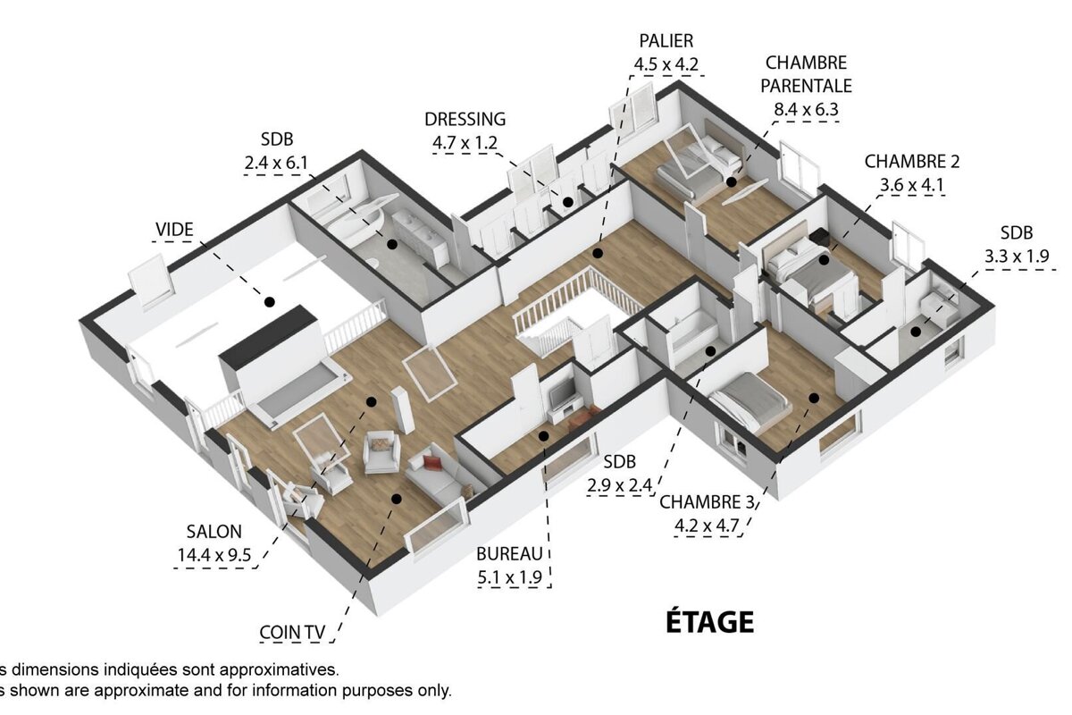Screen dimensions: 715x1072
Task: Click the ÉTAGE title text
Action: click(x=709, y=621)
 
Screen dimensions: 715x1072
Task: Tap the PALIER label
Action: click(x=666, y=41)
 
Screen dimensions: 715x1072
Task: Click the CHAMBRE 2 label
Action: click(x=911, y=162)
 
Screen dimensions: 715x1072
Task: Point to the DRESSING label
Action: click(x=465, y=119)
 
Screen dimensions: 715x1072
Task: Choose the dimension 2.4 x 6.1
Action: click(x=276, y=163)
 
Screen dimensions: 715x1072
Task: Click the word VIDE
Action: click(x=174, y=230)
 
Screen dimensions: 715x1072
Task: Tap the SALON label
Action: click(x=214, y=531)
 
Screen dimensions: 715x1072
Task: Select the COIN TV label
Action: click(x=292, y=633)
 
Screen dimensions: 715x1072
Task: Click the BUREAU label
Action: click(x=509, y=553)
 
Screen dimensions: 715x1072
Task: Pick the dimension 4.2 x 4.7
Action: click(x=707, y=525)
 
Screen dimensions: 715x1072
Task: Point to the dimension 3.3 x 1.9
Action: click(x=1016, y=257)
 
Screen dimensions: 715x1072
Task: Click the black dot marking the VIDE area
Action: click(x=268, y=303)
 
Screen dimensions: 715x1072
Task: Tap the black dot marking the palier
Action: click(x=598, y=253)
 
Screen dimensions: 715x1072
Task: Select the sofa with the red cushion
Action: click(x=438, y=471)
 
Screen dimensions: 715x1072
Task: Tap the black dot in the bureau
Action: click(x=543, y=435)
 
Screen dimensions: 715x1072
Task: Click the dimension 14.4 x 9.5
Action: click(x=214, y=555)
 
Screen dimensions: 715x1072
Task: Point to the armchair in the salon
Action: click(x=381, y=451)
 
